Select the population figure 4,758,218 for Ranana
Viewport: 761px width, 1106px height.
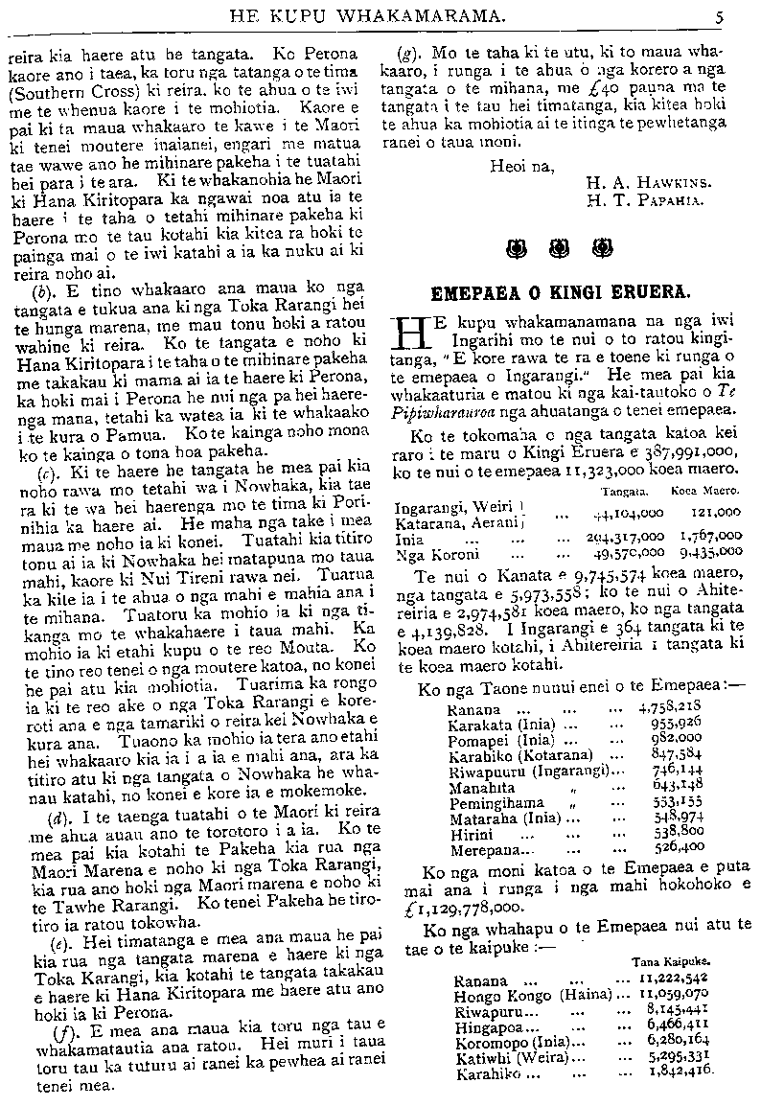tap(677, 711)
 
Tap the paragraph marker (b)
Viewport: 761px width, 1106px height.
tap(42, 290)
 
